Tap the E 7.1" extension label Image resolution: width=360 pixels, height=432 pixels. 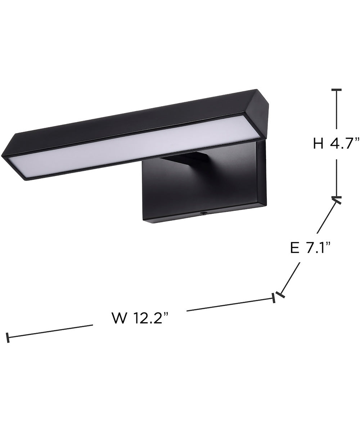point(310,248)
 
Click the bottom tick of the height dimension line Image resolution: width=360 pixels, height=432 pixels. point(337,198)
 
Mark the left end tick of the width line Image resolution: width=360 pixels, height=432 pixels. point(8,338)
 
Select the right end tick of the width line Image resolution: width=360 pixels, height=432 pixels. point(274,298)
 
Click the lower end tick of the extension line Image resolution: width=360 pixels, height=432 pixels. point(280,294)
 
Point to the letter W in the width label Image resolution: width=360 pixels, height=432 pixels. point(119,318)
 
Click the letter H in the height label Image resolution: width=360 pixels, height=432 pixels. point(318,144)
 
